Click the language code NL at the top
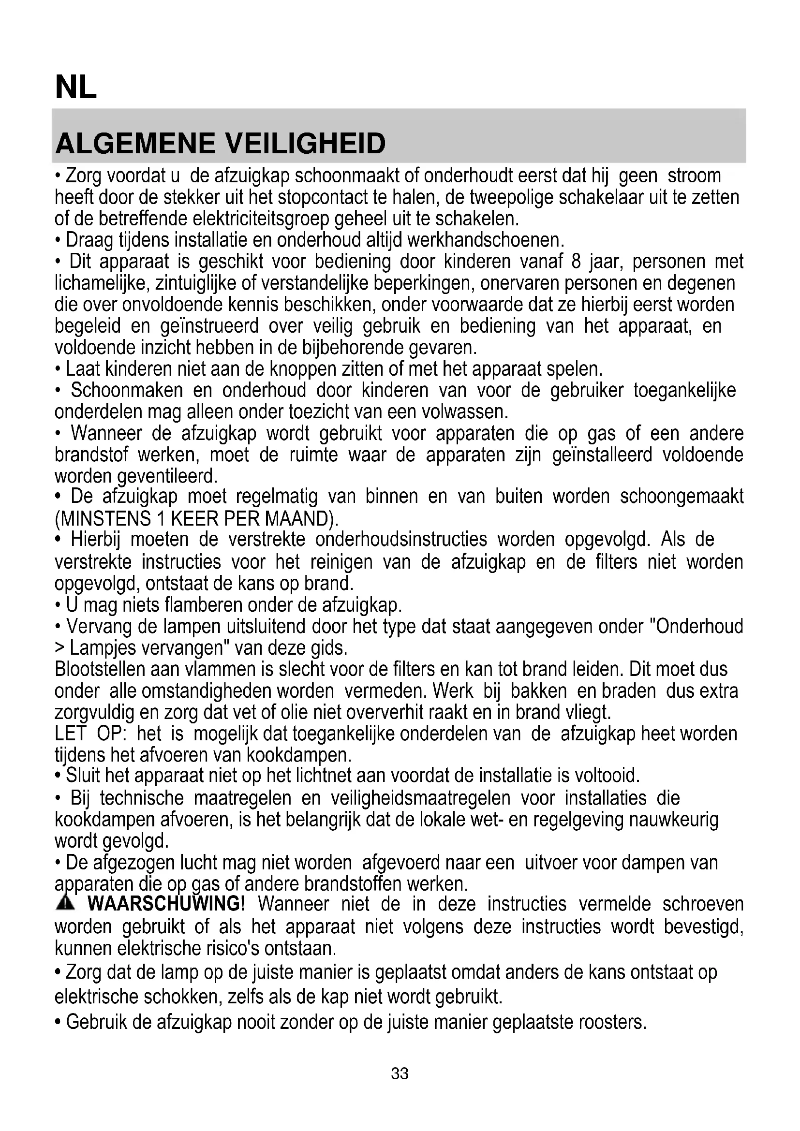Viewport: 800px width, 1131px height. [x=76, y=88]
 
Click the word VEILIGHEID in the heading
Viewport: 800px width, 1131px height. [x=305, y=143]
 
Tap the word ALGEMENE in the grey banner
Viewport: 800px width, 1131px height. [x=136, y=143]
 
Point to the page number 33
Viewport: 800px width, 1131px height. [x=400, y=1073]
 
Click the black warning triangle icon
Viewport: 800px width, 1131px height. [x=65, y=903]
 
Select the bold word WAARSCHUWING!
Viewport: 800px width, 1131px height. [x=166, y=904]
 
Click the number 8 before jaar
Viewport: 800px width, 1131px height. [x=576, y=261]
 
